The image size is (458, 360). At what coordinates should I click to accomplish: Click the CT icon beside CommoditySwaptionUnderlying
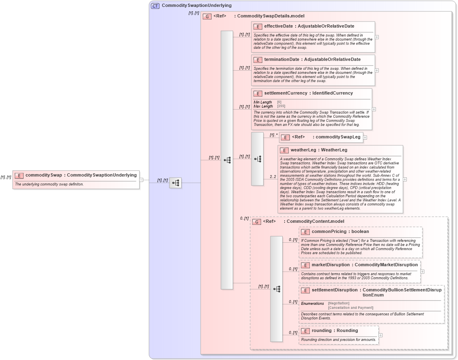click(x=155, y=6)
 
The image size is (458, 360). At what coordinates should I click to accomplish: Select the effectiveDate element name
click(x=278, y=26)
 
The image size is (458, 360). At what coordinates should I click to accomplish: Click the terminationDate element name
click(x=281, y=60)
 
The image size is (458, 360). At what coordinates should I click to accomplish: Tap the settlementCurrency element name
click(x=285, y=93)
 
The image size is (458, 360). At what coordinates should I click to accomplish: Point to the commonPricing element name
click(x=329, y=232)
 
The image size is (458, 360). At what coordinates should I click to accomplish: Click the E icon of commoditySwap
click(x=19, y=175)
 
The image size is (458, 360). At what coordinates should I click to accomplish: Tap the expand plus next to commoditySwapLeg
click(x=365, y=138)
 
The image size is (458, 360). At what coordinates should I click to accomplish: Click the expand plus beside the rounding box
click(x=380, y=335)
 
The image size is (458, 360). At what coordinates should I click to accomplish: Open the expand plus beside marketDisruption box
click(x=423, y=272)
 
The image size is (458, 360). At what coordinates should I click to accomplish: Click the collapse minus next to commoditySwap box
click(x=141, y=179)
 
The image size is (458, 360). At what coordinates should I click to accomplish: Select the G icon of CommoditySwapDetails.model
click(x=207, y=16)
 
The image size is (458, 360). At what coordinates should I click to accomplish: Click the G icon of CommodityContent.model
click(x=257, y=222)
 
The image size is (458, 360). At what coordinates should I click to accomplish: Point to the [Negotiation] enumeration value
click(x=339, y=303)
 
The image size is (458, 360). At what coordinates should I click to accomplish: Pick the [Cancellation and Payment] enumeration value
click(x=350, y=308)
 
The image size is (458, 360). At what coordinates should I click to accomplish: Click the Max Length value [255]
click(x=281, y=106)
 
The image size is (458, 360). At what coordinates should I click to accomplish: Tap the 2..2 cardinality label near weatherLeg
click(x=273, y=177)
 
